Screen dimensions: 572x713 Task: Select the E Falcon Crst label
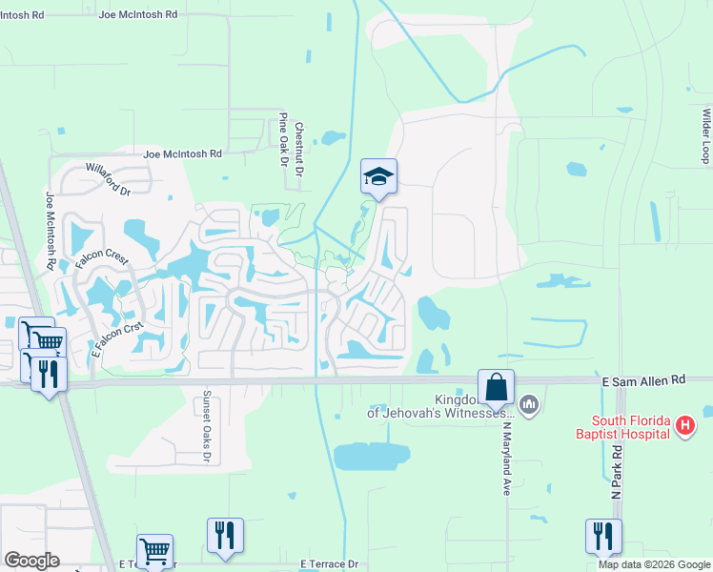(x=117, y=339)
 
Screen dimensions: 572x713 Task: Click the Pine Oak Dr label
(x=283, y=139)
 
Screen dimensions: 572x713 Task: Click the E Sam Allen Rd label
(x=644, y=379)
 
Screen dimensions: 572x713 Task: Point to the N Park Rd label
(x=617, y=471)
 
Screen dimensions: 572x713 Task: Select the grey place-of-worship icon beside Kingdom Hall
(x=530, y=406)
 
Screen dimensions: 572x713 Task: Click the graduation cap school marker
(x=378, y=175)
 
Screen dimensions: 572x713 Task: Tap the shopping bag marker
(x=496, y=386)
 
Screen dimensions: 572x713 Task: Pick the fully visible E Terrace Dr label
(x=329, y=564)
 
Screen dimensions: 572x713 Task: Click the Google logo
(x=31, y=561)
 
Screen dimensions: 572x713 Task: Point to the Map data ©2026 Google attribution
(x=654, y=564)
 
